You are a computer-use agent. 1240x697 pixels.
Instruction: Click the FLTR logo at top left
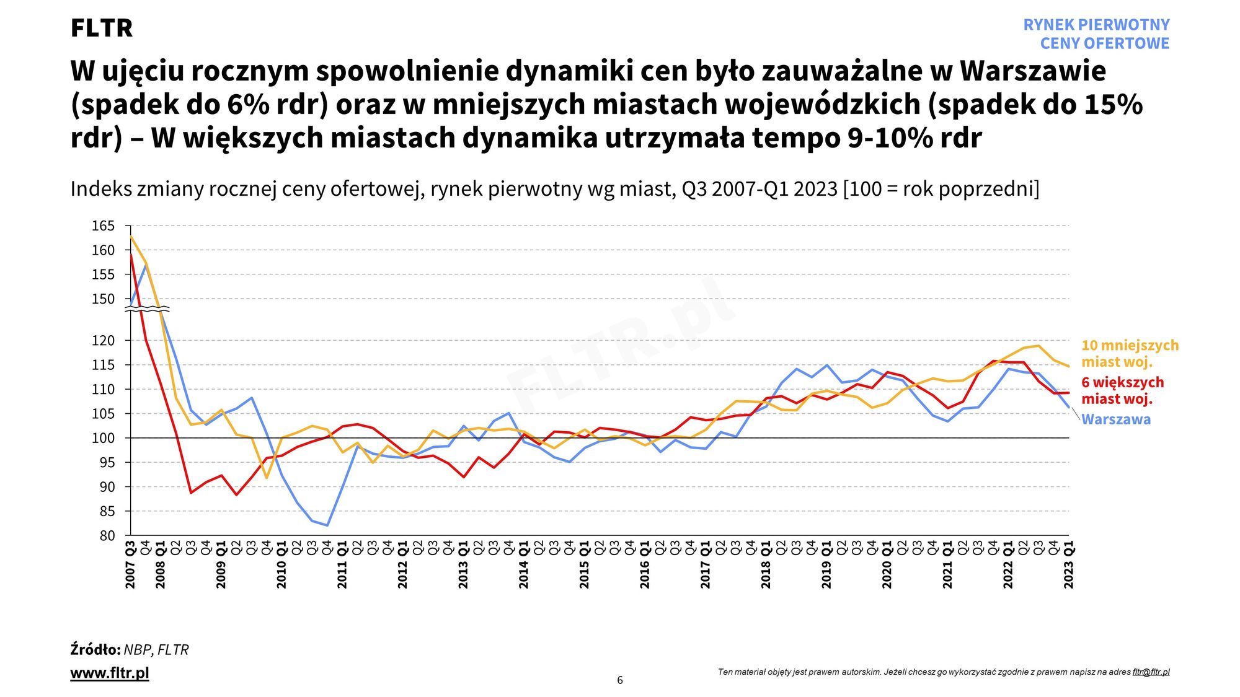point(102,28)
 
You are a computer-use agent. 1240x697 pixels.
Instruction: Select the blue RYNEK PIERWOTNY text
point(1096,25)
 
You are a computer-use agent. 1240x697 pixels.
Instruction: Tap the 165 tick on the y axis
point(104,226)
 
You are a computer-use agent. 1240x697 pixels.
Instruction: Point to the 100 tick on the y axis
point(104,439)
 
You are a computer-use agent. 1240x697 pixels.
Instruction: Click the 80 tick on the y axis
point(107,536)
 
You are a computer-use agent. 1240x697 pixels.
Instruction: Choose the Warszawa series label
point(1116,419)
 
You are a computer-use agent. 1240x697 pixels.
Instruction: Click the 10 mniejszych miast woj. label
point(1130,354)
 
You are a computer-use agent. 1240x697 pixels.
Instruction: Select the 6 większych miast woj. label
point(1122,391)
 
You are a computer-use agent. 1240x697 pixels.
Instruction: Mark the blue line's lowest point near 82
point(327,525)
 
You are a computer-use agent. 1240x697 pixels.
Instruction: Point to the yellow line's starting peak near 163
point(131,236)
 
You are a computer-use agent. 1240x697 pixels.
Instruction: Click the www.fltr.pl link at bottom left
point(110,673)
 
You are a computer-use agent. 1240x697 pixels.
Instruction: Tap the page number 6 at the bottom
point(620,680)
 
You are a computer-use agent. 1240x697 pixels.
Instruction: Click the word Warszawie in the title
point(1033,71)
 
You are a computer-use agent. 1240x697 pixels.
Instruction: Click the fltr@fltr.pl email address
point(1151,672)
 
